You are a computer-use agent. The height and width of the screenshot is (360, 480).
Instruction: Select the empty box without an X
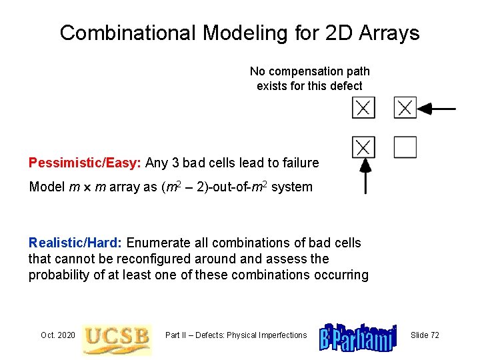click(405, 147)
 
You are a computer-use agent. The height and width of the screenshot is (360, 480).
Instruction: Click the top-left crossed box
click(363, 107)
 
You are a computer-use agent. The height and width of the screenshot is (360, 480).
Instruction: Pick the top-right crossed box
click(405, 107)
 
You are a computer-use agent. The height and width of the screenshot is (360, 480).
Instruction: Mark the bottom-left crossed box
click(363, 147)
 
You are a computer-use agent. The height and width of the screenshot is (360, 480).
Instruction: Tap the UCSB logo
click(117, 335)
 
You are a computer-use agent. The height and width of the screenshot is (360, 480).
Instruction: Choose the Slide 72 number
click(425, 335)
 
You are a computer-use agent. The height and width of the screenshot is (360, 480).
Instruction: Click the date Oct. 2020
click(58, 335)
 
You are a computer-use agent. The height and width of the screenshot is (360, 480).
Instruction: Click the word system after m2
click(291, 187)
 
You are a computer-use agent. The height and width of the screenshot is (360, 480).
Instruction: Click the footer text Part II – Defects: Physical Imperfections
click(236, 335)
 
